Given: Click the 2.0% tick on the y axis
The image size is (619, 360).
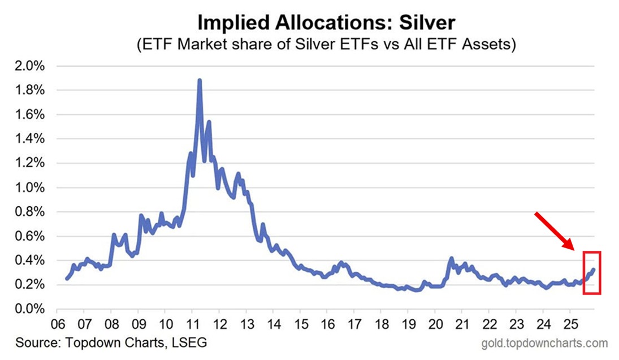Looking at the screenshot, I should click(x=28, y=66).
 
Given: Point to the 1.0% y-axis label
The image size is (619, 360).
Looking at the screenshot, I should click(x=28, y=188).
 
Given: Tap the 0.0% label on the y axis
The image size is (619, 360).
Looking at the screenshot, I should click(x=28, y=309).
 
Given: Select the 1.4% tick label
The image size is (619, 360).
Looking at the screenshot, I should click(x=28, y=139).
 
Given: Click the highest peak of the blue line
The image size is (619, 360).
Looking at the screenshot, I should click(x=200, y=81).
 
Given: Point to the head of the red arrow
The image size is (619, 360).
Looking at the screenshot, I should click(x=573, y=248).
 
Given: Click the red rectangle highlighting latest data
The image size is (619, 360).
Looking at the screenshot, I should click(x=591, y=273).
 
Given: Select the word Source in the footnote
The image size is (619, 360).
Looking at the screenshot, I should click(x=33, y=343).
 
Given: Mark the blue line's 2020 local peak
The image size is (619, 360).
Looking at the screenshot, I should click(x=451, y=259).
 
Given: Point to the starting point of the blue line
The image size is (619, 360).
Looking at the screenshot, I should click(x=67, y=278).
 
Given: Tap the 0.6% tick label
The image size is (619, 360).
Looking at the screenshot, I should click(x=28, y=236).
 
